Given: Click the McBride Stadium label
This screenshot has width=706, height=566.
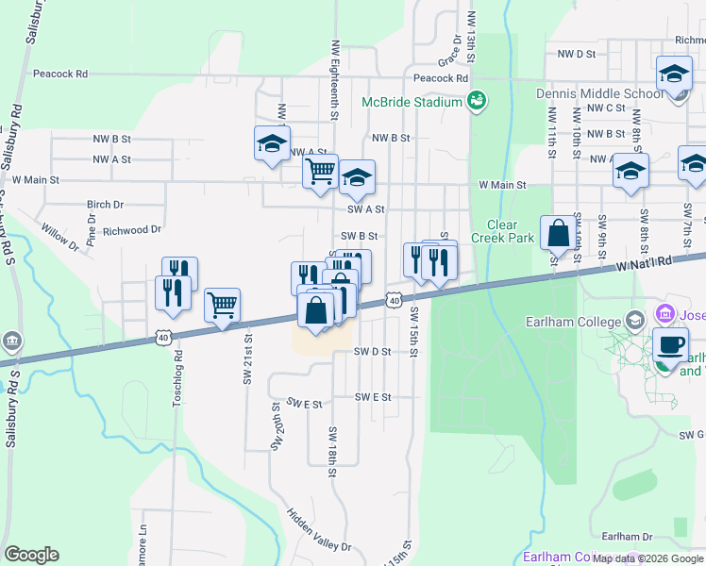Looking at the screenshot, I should (x=412, y=102).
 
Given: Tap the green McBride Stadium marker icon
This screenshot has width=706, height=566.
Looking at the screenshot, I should (x=477, y=101).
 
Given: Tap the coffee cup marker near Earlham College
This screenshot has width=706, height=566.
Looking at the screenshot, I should (x=670, y=344).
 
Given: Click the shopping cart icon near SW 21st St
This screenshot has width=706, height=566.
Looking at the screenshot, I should (x=222, y=306).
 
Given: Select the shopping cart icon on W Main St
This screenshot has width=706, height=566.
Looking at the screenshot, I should (x=320, y=172).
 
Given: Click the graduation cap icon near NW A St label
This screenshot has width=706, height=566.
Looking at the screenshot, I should (x=272, y=144).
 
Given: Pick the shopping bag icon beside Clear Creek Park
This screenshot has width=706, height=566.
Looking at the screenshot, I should (x=558, y=232).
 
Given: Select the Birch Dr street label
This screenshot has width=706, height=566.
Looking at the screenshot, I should (x=105, y=205).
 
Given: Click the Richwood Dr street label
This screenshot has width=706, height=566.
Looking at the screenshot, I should (x=126, y=230).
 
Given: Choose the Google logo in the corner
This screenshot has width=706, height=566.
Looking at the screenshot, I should (x=31, y=555).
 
